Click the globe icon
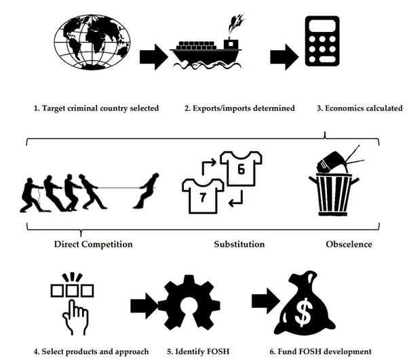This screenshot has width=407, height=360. (92, 42)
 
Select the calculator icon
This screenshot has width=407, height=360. (322, 41)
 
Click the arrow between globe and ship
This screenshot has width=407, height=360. (154, 57)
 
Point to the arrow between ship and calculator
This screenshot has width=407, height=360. (284, 57)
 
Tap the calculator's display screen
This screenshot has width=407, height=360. (322, 26)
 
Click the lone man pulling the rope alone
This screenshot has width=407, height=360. (147, 191)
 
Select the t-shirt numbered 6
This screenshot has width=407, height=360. (241, 168)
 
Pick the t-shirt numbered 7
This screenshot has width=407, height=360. (203, 196)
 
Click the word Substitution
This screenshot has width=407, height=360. (239, 244)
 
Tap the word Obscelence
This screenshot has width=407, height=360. (349, 244)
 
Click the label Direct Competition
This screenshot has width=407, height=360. (93, 244)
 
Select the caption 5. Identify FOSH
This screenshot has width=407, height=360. (198, 352)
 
